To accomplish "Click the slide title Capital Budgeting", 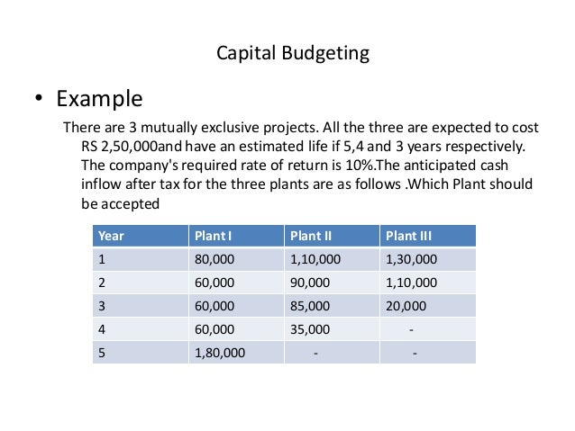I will [293, 53].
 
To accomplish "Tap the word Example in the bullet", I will [99, 97].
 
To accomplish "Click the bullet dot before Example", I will [39, 99].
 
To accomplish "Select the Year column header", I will [111, 236].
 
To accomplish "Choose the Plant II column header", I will [310, 236].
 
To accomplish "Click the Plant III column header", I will [408, 236].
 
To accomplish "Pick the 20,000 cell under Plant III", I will [406, 306].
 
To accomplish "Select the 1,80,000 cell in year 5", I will [219, 353].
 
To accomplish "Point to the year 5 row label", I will [102, 353].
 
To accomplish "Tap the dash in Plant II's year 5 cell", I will [315, 353].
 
